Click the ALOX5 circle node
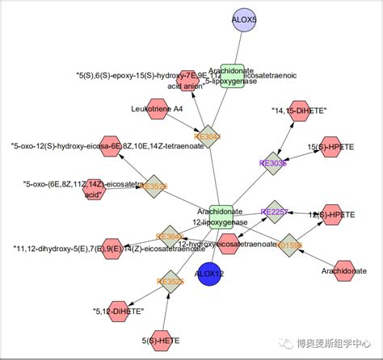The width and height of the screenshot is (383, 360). point(244,19)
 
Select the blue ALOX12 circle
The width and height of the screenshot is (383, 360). point(209,274)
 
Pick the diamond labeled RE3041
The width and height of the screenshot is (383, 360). point(208,136)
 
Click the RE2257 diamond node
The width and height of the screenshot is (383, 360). point(274,211)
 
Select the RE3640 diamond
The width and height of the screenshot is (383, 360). point(170,236)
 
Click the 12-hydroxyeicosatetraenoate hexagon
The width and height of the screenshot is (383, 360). point(229,244)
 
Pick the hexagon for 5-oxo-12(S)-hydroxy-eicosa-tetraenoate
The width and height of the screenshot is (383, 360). point(112,146)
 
